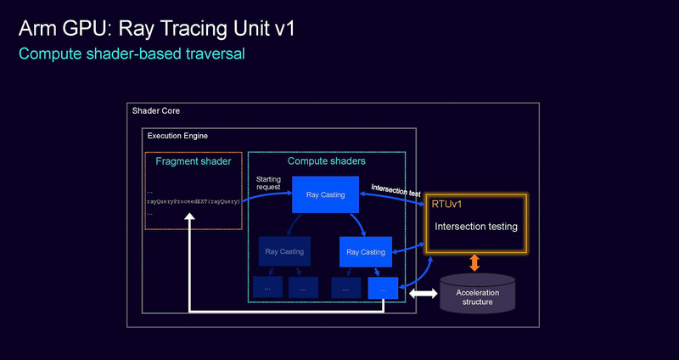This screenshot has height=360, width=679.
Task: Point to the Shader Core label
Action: point(155,111)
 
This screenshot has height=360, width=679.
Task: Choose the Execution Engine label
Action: point(177,136)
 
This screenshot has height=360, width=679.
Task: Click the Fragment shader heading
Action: point(194,160)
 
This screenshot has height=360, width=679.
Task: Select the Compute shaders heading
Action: point(326,160)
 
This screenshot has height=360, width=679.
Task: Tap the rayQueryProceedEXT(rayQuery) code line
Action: point(193,202)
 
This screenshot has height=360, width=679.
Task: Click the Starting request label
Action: point(268,183)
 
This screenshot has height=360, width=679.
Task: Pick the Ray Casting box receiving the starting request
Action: point(326,195)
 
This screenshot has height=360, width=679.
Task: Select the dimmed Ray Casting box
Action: point(283,251)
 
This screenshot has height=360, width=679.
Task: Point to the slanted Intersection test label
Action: point(396,188)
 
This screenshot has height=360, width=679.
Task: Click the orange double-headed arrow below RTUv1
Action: point(475,262)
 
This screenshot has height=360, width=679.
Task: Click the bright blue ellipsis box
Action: point(383,289)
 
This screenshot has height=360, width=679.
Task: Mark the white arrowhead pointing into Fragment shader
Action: point(190,218)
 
